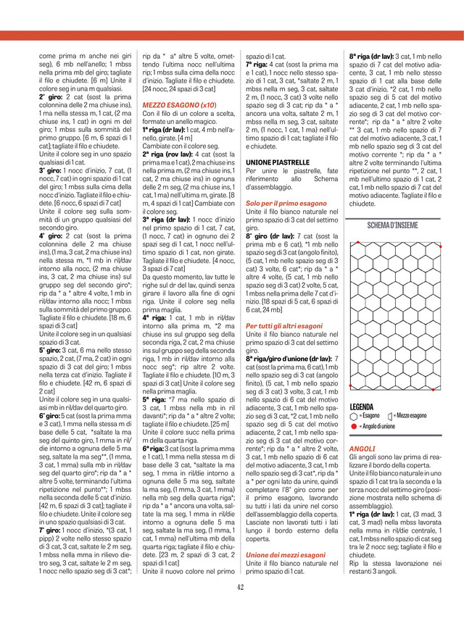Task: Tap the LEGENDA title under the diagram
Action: [362, 407]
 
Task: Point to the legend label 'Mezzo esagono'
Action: [410, 416]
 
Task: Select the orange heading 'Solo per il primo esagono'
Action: [282, 204]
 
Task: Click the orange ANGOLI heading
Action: [362, 449]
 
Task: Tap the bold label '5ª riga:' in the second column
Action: [154, 398]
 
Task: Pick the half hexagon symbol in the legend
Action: [391, 417]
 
